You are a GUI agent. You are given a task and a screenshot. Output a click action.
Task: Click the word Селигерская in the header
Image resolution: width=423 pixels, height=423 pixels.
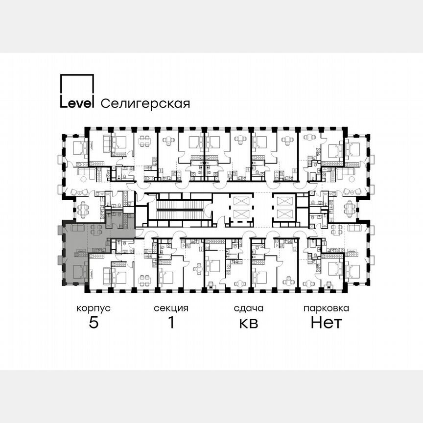pyautogui.click(x=145, y=103)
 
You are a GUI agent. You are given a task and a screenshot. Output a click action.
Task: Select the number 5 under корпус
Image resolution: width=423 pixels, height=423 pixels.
pyautogui.click(x=93, y=323)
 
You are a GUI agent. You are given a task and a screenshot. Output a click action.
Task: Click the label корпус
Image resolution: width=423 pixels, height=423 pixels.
pyautogui.click(x=93, y=308)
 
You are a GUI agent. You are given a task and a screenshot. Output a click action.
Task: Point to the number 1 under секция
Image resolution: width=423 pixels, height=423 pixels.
pyautogui.click(x=171, y=323)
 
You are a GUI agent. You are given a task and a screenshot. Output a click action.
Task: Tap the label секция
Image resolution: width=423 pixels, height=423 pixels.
pyautogui.click(x=171, y=308)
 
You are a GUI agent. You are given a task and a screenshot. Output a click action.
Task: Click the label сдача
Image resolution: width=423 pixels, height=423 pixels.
pyautogui.click(x=248, y=308)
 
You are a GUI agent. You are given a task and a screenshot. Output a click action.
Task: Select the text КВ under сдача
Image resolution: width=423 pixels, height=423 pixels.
pyautogui.click(x=248, y=323)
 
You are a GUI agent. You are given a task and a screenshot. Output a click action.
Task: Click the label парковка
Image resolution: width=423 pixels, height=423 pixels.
pyautogui.click(x=326, y=308)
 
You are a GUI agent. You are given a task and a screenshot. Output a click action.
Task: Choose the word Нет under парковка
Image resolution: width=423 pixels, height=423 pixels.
pyautogui.click(x=326, y=323)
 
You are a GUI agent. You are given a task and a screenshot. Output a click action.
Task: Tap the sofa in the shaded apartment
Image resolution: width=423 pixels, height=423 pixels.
pyautogui.click(x=77, y=228)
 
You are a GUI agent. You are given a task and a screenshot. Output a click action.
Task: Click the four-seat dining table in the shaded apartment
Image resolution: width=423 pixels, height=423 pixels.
pyautogui.click(x=96, y=229)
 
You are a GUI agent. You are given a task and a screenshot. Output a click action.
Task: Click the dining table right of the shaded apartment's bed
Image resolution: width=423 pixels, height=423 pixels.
pyautogui.click(x=144, y=280)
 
